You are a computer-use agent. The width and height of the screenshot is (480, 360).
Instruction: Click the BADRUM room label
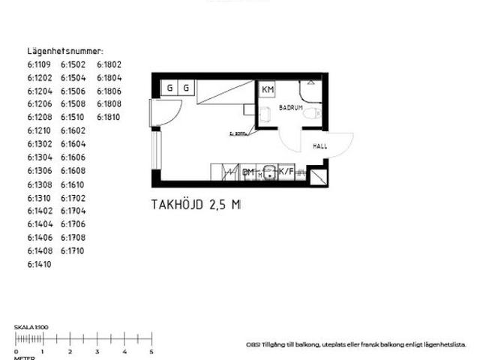289,108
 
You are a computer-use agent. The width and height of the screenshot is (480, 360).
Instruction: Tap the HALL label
320,146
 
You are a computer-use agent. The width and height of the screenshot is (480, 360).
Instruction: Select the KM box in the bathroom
267,90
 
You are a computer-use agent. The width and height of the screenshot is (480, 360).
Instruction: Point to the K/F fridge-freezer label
286,172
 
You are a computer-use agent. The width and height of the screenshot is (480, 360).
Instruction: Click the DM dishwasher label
248,172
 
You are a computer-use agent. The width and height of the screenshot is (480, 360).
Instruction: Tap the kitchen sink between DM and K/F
268,172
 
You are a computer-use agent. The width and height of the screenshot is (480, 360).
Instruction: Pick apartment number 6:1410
40,265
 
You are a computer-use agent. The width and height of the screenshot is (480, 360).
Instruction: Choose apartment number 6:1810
109,118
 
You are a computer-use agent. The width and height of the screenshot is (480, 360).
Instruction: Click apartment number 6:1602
73,131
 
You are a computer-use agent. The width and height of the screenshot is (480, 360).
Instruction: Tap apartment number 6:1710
73,251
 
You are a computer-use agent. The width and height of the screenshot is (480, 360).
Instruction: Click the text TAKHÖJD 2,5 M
196,204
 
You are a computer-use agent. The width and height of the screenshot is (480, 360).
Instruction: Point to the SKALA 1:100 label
31,328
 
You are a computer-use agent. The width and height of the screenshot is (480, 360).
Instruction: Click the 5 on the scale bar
151,352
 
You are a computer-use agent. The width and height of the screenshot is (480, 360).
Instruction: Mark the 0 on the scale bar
16,352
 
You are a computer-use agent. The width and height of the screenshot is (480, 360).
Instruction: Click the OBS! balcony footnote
356,344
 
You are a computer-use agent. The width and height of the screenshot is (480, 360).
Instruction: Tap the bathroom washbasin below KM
266,114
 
